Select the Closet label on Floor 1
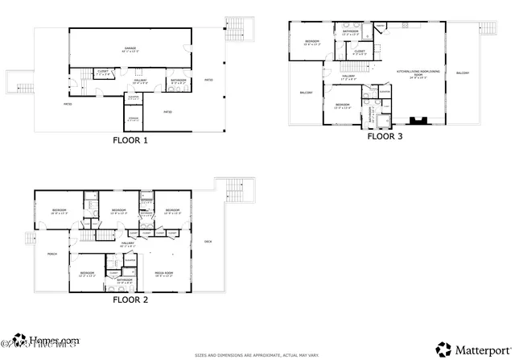(x=103, y=72)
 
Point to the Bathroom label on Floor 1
(x=179, y=81)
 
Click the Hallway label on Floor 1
(x=140, y=81)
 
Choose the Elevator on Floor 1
(x=134, y=98)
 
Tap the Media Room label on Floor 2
(x=165, y=273)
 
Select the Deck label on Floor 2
(x=208, y=242)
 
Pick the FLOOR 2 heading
(x=130, y=300)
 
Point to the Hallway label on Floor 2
(x=127, y=243)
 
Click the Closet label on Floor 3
(x=360, y=52)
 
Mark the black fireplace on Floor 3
(x=418, y=121)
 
